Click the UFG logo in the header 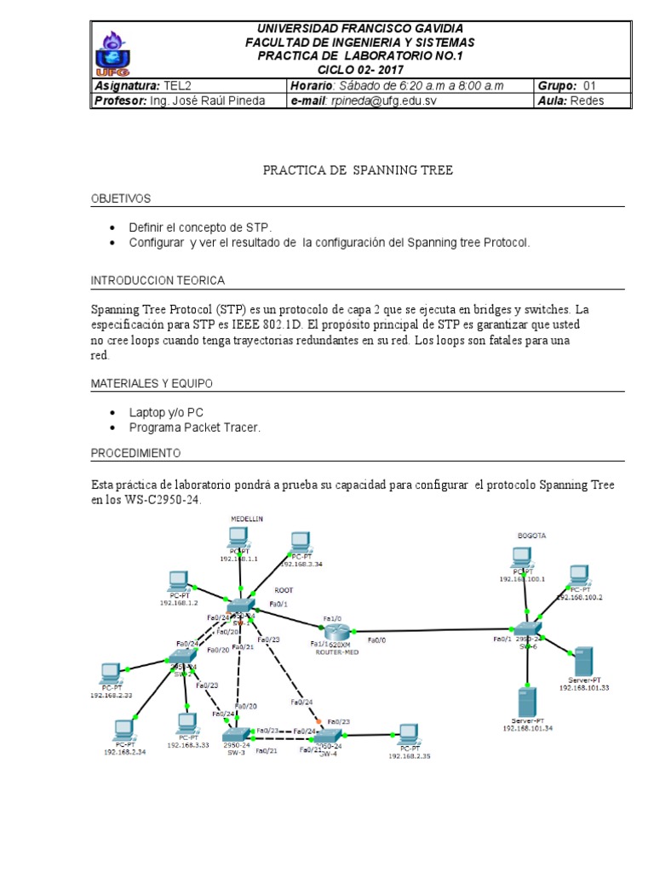(x=113, y=54)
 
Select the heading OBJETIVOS (x=121, y=198)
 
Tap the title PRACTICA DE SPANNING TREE (x=358, y=170)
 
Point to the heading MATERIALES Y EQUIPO (x=152, y=384)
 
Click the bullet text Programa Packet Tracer (x=194, y=427)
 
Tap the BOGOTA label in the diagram (x=531, y=536)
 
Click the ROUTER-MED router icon (x=336, y=631)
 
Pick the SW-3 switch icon (x=234, y=733)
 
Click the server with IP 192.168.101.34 (x=527, y=703)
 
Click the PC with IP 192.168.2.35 (x=408, y=734)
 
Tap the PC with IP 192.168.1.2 (x=178, y=582)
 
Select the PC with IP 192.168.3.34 (x=299, y=542)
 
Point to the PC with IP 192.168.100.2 (x=579, y=574)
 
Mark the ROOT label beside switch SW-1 (x=284, y=588)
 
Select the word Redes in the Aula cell (x=587, y=101)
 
